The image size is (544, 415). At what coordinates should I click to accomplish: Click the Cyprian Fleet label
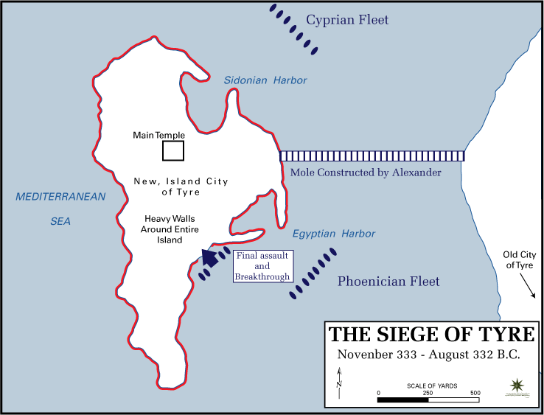click(x=347, y=20)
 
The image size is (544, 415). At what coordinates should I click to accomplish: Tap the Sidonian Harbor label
click(x=265, y=80)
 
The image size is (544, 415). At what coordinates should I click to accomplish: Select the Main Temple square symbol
click(x=173, y=150)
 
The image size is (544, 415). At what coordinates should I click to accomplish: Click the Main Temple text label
click(x=158, y=136)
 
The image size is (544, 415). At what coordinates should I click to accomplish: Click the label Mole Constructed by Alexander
click(x=366, y=172)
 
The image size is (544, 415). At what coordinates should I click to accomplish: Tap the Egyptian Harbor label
click(x=333, y=234)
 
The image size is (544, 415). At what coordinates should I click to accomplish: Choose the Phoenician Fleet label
click(x=388, y=281)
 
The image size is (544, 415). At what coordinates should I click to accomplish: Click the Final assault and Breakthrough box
click(x=262, y=265)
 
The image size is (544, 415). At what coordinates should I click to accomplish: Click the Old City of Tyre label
click(x=519, y=259)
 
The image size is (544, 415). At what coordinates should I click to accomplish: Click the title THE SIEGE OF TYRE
click(x=432, y=334)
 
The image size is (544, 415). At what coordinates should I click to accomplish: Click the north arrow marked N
click(x=339, y=383)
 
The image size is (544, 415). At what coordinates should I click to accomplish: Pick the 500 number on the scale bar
click(x=475, y=392)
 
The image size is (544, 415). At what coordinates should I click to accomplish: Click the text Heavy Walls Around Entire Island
click(x=161, y=229)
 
